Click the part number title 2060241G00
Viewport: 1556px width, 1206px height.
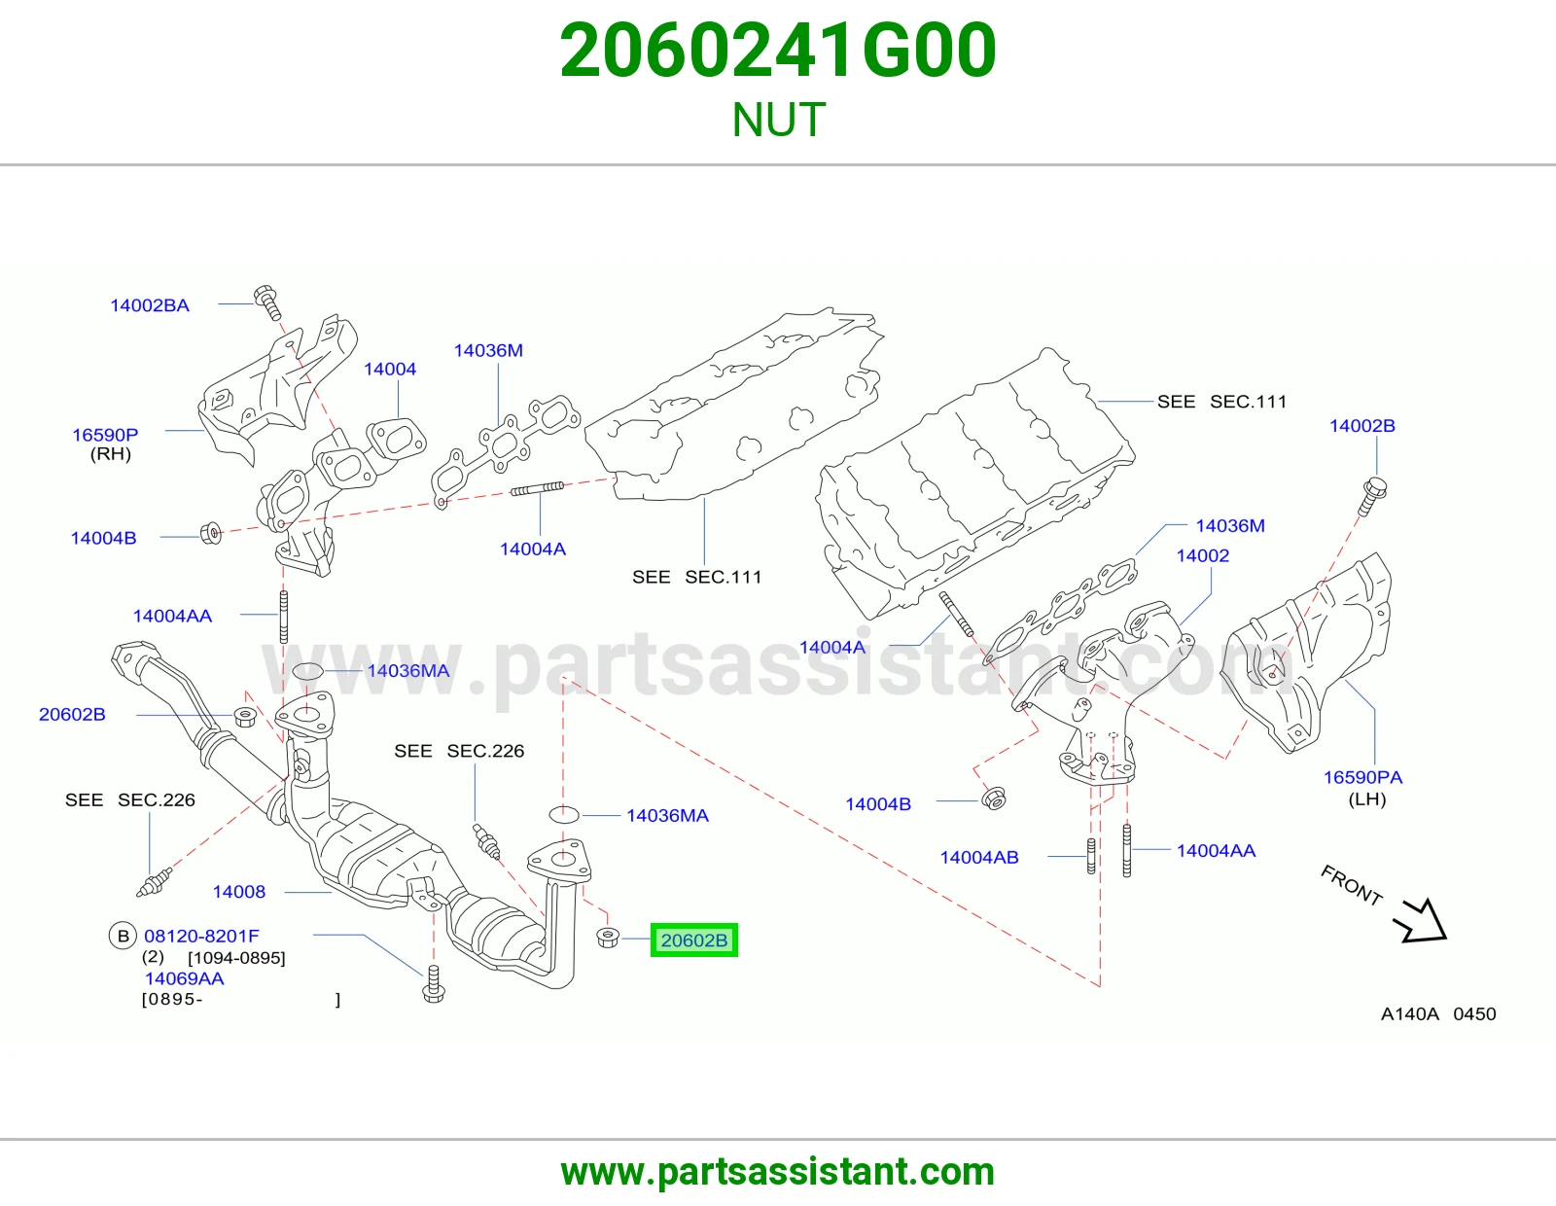778,51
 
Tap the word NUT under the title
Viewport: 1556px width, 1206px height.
778,120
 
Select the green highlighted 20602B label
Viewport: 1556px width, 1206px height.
693,940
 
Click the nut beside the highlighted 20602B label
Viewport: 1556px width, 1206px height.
607,937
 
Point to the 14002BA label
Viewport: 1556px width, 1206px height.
149,305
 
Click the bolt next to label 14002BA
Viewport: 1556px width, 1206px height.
267,302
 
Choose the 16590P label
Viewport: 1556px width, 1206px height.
105,434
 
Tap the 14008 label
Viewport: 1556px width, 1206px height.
238,891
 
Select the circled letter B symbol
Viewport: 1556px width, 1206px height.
123,936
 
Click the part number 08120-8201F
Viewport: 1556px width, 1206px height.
201,936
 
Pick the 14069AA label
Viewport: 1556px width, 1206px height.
184,978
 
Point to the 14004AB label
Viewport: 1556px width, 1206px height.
979,857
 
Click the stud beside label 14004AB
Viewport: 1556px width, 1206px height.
1091,856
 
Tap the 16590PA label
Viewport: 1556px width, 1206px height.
1361,777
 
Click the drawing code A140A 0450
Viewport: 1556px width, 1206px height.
1438,1013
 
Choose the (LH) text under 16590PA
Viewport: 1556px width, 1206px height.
1367,799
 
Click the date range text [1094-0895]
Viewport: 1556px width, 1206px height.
236,957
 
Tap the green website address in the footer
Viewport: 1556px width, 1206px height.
778,1172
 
